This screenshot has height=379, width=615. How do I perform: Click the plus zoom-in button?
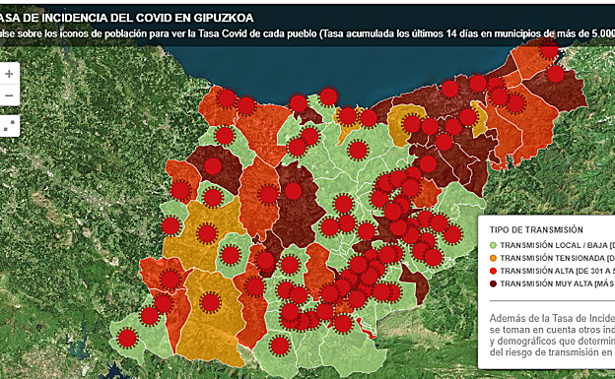[9, 74]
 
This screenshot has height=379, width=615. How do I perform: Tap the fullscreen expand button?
[9, 125]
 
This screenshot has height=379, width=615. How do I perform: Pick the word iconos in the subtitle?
[78, 34]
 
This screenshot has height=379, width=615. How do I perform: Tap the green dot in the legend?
[493, 244]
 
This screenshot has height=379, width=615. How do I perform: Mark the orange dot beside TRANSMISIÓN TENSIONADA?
[493, 257]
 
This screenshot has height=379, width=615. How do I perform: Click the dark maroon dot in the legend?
[493, 283]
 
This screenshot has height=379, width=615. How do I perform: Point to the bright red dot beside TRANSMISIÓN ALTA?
[493, 270]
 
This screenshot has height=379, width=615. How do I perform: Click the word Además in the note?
[510, 318]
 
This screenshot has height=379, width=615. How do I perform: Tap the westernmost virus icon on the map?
[126, 339]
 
